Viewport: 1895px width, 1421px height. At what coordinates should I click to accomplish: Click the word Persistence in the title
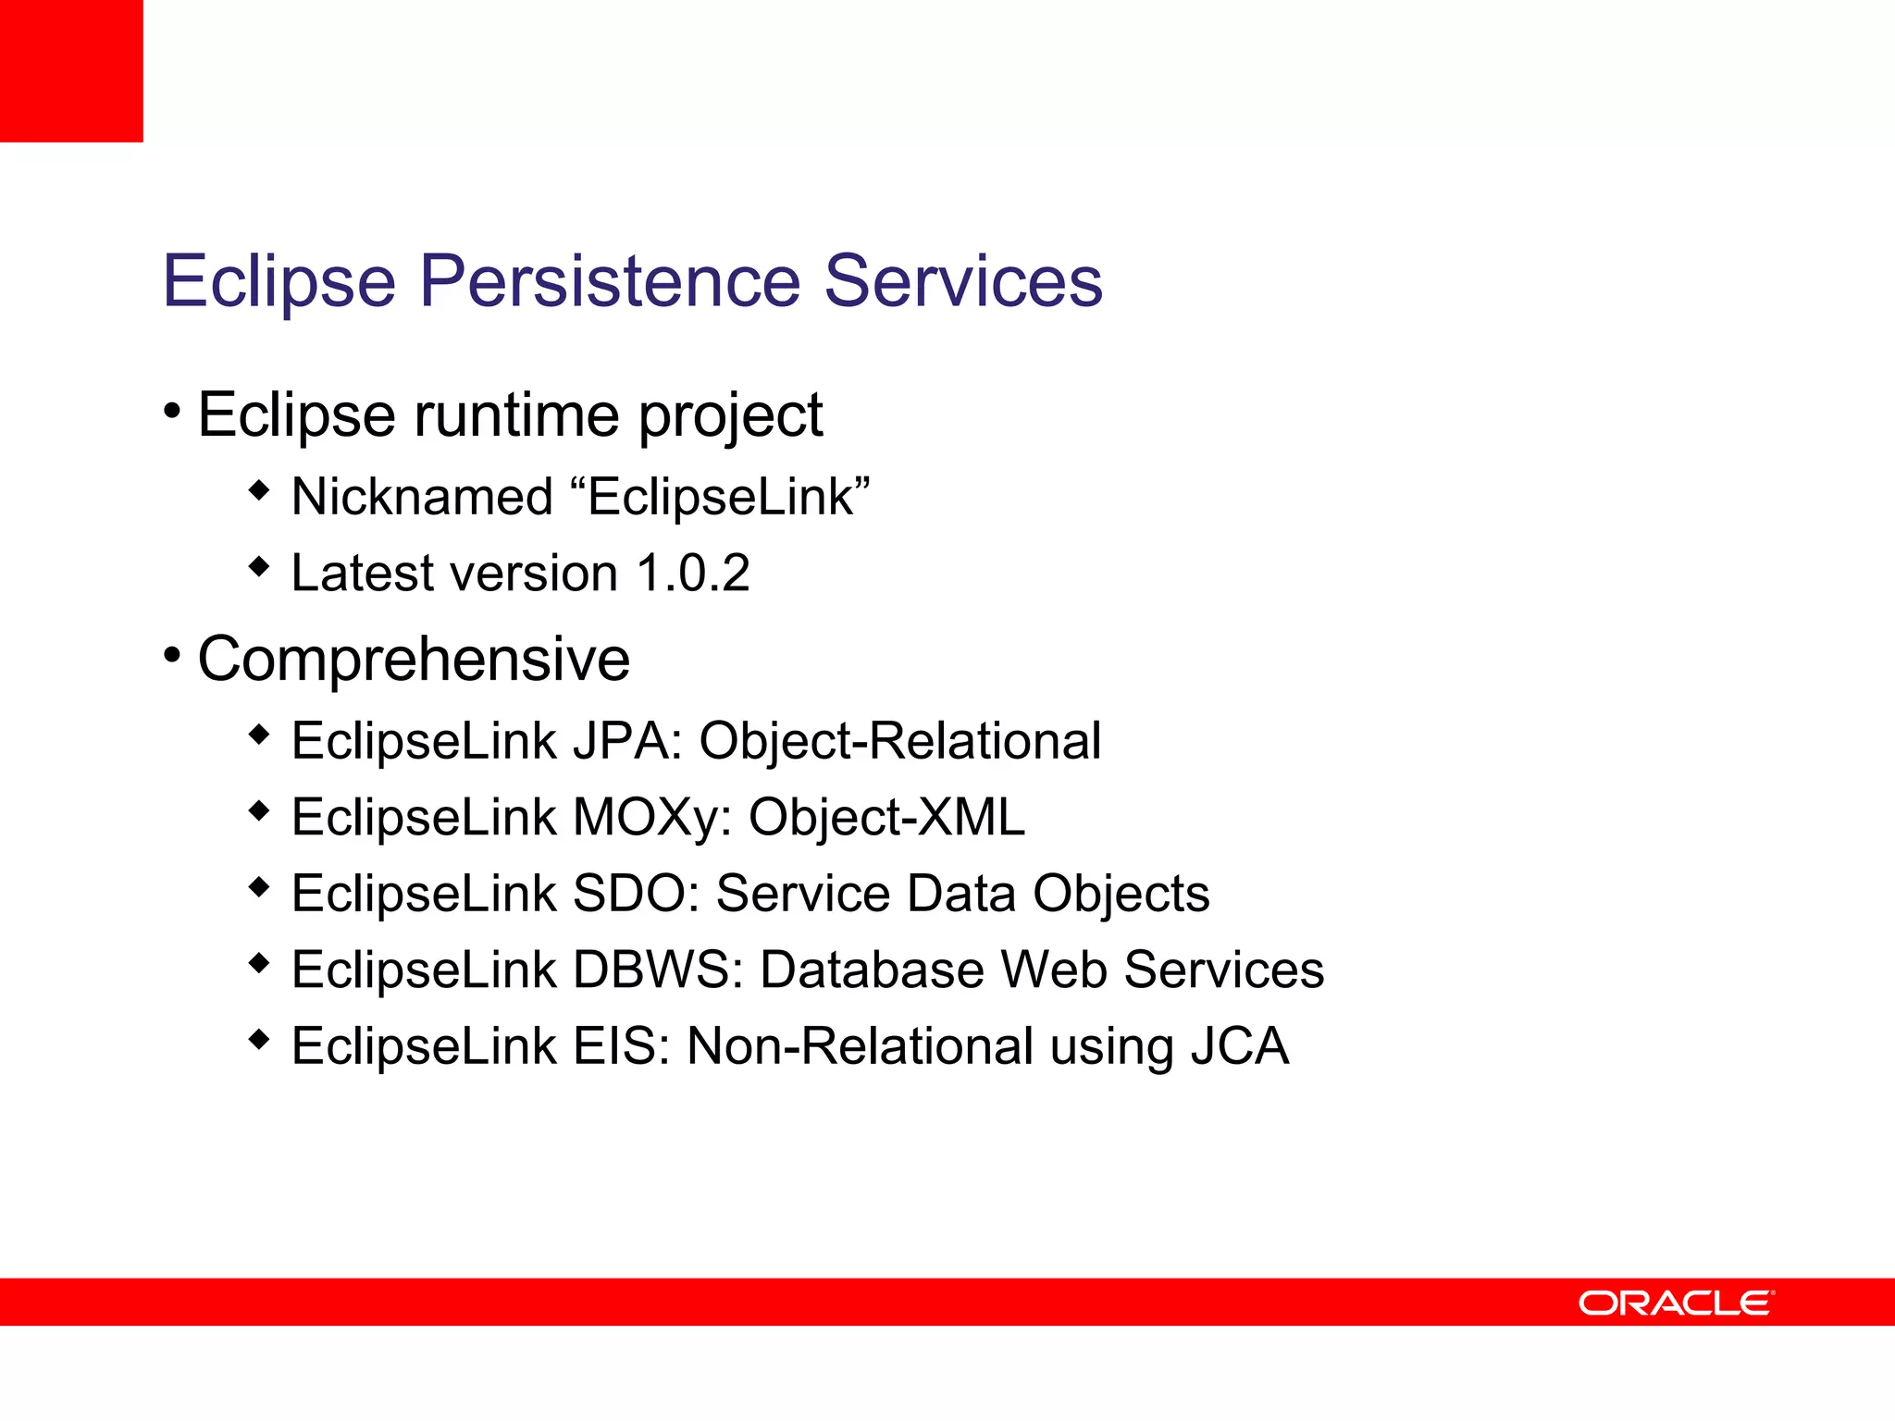[610, 280]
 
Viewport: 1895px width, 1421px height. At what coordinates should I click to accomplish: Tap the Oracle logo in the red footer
[1676, 1303]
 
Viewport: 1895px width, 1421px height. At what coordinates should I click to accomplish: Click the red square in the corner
[71, 70]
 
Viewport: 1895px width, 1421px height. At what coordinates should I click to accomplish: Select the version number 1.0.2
[693, 573]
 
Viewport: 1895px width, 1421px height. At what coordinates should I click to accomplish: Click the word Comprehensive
[414, 660]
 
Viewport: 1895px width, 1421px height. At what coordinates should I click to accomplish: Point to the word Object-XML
[886, 818]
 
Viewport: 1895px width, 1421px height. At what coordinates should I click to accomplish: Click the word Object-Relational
[899, 741]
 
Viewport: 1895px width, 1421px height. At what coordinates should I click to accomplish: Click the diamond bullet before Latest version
[259, 565]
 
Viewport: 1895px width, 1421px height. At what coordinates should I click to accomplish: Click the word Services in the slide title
[962, 280]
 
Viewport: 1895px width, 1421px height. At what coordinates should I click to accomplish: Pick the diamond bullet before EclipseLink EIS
[259, 1039]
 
